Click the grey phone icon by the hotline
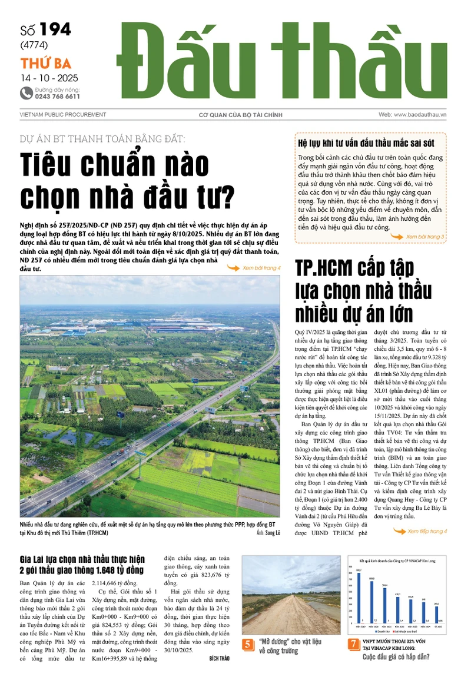[x=26, y=92]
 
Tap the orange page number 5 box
[x=248, y=645]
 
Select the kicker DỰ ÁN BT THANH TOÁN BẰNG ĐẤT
[x=102, y=139]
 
